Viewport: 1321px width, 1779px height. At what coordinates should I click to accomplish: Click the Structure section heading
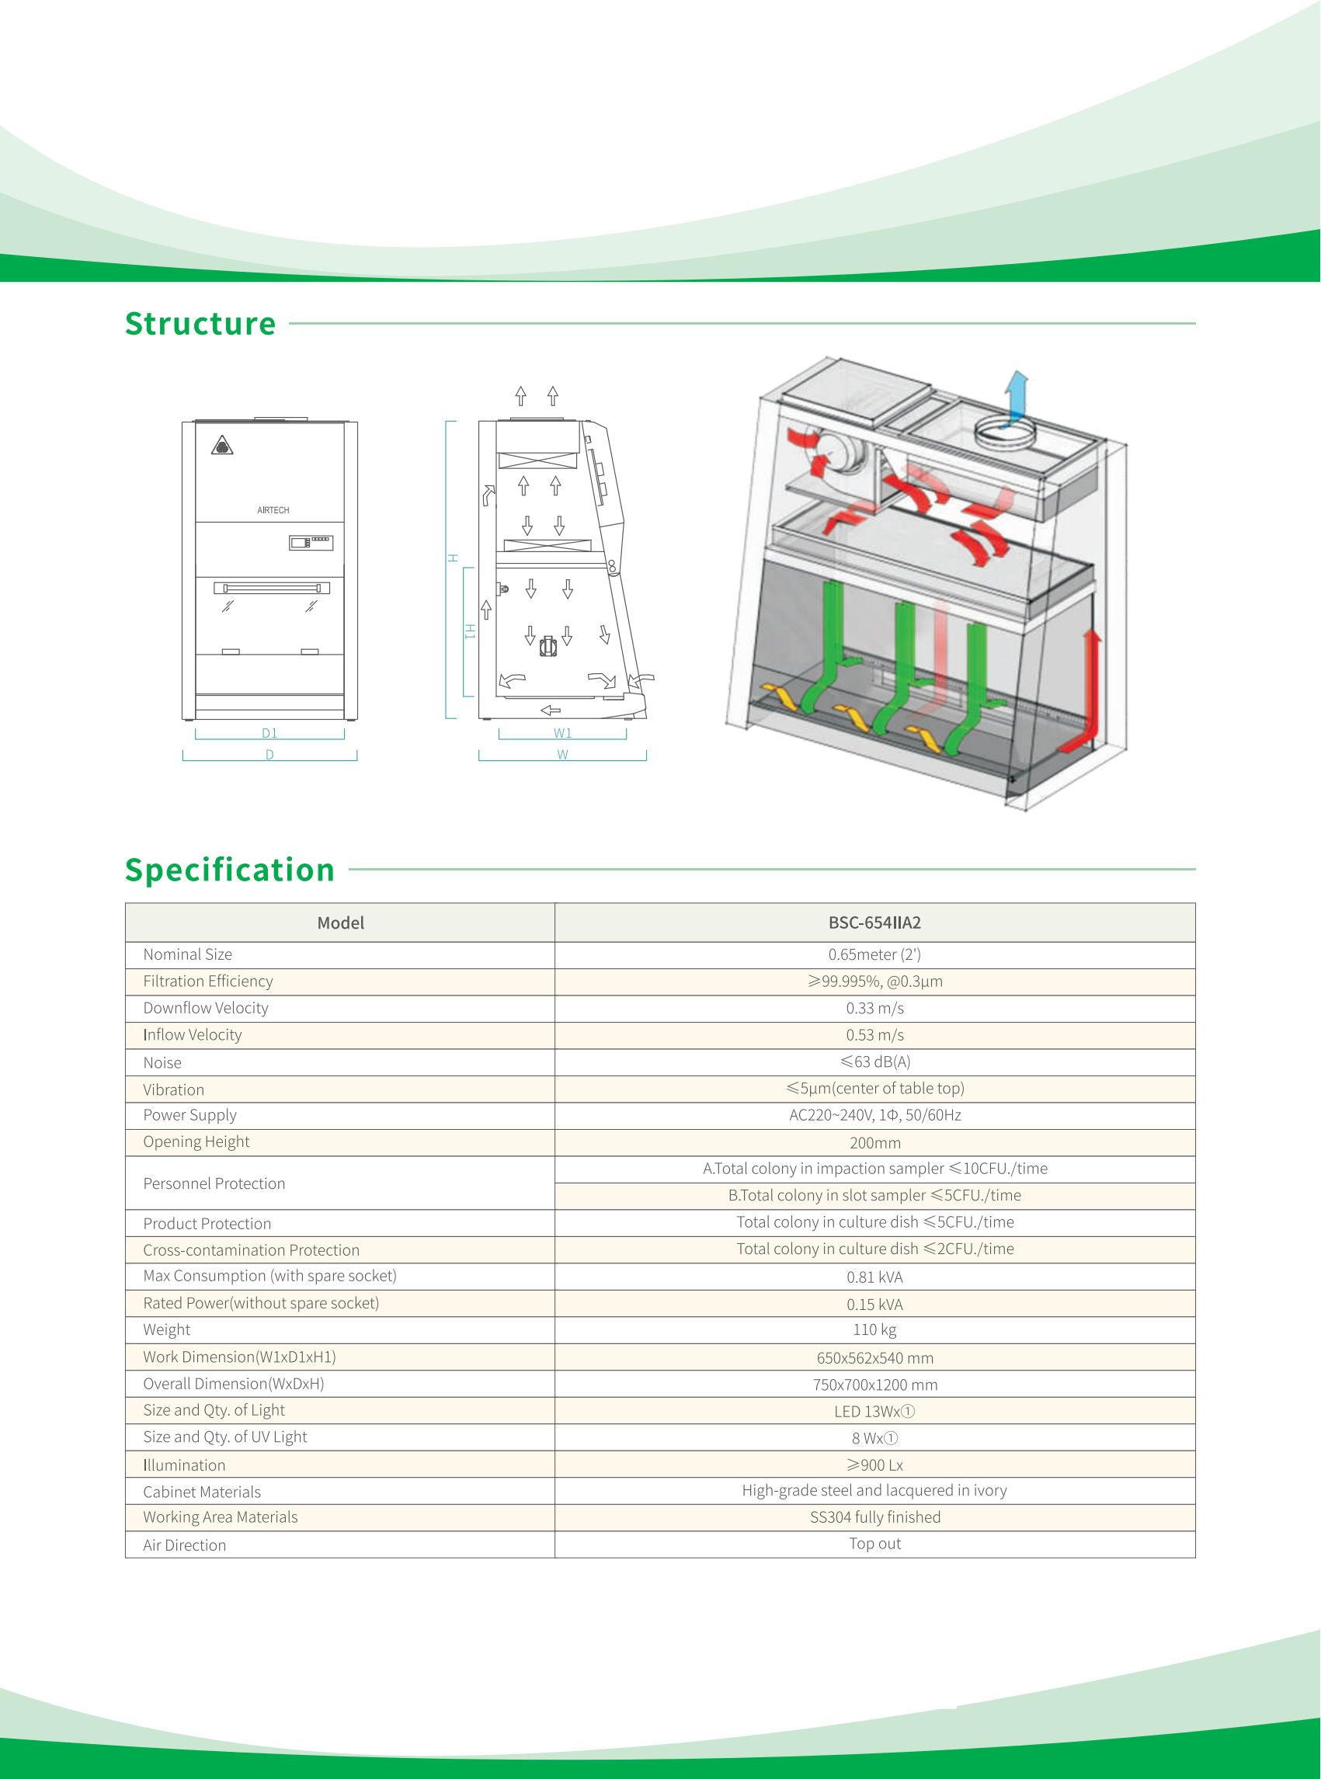point(200,324)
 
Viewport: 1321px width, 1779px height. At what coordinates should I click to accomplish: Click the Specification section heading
point(230,870)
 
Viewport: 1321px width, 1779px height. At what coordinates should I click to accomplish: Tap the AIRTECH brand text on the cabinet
point(273,510)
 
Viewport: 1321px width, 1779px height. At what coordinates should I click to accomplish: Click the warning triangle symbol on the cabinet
point(222,446)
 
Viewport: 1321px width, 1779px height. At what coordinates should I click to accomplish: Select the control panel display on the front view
point(311,543)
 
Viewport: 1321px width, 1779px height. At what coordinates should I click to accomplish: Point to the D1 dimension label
point(269,733)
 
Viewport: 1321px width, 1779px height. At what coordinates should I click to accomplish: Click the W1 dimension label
point(562,733)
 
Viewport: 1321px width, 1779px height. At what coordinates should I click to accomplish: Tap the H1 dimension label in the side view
point(470,631)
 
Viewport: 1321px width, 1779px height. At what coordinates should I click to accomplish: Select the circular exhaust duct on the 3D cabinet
point(1004,434)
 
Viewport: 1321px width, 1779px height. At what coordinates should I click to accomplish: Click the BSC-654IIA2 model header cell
point(874,923)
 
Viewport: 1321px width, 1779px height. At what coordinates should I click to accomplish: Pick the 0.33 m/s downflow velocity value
point(874,1008)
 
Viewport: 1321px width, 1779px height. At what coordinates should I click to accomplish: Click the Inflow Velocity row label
point(193,1035)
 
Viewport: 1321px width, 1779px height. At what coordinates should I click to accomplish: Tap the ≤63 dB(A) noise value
point(874,1061)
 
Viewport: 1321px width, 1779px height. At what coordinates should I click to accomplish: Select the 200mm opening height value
point(874,1142)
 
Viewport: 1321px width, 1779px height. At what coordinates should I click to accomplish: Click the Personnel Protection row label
point(214,1183)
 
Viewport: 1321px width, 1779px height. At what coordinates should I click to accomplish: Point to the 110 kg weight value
point(874,1329)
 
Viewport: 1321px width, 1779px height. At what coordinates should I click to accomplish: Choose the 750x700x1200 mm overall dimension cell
point(874,1384)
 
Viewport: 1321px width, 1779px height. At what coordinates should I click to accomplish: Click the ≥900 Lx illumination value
point(874,1465)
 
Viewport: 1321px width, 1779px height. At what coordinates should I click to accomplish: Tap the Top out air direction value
point(874,1544)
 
